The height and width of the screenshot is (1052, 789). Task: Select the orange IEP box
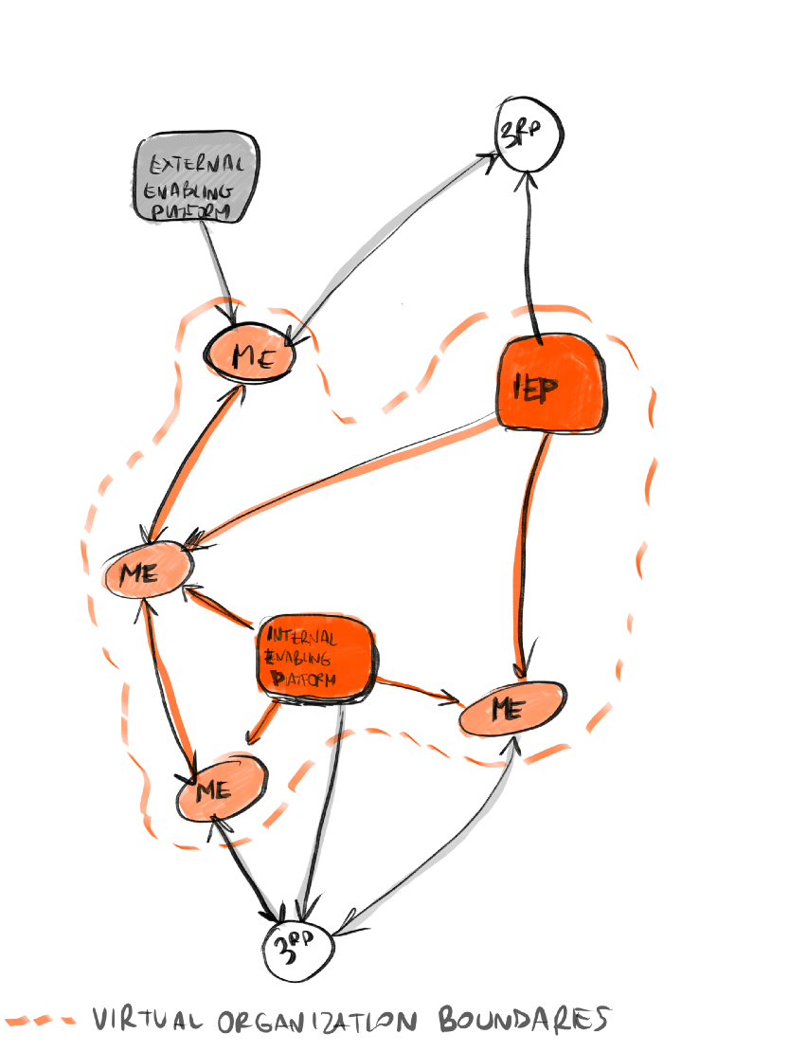tap(550, 383)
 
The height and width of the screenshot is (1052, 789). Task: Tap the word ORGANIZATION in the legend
tap(316, 1021)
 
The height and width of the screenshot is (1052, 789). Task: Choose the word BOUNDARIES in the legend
tap(521, 1020)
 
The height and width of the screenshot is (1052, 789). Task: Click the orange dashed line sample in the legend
tap(39, 1022)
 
